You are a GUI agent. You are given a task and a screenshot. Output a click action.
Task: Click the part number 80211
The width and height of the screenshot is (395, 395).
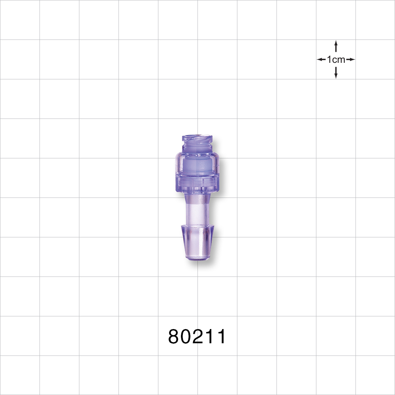pyautogui.click(x=197, y=337)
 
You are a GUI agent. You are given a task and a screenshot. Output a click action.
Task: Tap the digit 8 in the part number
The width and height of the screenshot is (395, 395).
pyautogui.click(x=174, y=337)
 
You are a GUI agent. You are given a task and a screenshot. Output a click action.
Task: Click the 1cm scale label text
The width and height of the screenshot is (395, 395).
pyautogui.click(x=336, y=60)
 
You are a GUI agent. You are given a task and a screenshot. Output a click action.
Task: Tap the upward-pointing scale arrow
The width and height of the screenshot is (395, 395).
pyautogui.click(x=336, y=45)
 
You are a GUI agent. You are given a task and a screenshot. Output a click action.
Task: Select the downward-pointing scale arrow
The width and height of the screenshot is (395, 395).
pyautogui.click(x=336, y=73)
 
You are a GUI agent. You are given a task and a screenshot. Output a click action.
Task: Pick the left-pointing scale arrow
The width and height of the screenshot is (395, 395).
pyautogui.click(x=321, y=60)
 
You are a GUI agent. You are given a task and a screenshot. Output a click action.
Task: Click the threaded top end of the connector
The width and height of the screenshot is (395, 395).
pyautogui.click(x=197, y=140)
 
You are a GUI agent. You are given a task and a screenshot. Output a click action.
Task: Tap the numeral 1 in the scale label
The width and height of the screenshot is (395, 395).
pyautogui.click(x=329, y=60)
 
